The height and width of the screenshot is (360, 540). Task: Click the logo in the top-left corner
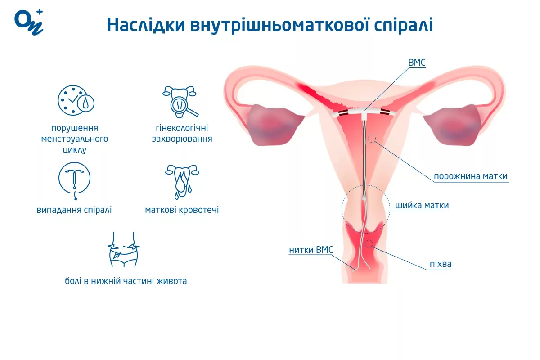(29, 22)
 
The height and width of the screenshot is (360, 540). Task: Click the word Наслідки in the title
(146, 25)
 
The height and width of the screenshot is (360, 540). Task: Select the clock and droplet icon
(76, 100)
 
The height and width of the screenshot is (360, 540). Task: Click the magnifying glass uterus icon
(180, 102)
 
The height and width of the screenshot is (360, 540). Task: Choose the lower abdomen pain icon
(123, 249)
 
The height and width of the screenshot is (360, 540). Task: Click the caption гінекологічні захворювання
(182, 133)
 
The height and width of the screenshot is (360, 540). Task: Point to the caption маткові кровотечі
(182, 210)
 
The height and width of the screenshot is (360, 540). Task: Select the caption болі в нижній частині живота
(126, 281)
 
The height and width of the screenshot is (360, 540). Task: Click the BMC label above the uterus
(417, 63)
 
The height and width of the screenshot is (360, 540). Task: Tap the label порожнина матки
(471, 176)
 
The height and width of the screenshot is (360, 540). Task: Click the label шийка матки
(422, 206)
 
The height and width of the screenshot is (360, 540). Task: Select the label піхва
(441, 264)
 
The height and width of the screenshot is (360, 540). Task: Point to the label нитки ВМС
(311, 250)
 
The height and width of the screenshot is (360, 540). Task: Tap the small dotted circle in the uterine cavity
(372, 139)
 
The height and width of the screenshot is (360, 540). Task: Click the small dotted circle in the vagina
(369, 243)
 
